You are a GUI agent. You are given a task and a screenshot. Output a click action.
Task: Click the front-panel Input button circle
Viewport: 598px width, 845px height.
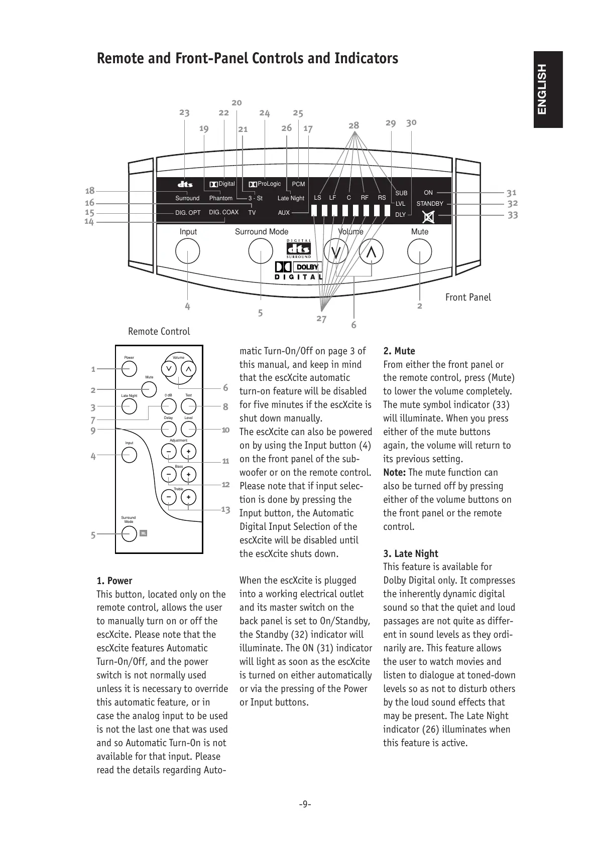(188, 251)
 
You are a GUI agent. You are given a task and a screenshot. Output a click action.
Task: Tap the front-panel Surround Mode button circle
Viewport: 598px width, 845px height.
(261, 251)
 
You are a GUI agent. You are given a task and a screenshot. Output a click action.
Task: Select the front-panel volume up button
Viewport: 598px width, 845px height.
(371, 251)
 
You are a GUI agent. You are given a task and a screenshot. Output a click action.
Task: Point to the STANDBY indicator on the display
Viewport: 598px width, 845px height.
(430, 204)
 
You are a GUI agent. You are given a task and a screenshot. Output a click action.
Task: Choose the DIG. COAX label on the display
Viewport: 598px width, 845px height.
(223, 212)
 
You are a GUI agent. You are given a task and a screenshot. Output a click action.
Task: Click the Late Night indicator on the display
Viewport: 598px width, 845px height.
(291, 198)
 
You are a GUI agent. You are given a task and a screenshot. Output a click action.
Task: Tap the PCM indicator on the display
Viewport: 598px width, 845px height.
(298, 184)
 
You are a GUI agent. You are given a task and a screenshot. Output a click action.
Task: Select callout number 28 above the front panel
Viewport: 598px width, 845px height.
(354, 125)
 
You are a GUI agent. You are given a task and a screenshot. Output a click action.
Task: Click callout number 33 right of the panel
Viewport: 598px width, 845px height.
(512, 215)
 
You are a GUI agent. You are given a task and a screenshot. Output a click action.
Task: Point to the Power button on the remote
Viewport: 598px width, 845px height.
(129, 368)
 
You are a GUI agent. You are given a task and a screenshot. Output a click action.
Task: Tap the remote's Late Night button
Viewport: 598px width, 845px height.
(129, 406)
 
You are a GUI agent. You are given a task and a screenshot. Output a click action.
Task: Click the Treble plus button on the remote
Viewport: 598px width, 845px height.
(188, 497)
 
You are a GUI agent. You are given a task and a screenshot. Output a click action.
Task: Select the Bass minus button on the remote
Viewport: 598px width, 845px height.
(169, 474)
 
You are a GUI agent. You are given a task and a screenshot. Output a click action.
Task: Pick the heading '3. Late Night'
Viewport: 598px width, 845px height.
(410, 553)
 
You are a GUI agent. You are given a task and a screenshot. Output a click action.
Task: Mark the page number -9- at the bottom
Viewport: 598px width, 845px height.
(305, 804)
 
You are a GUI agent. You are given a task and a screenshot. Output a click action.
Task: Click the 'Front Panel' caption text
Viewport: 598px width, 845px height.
(468, 297)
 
